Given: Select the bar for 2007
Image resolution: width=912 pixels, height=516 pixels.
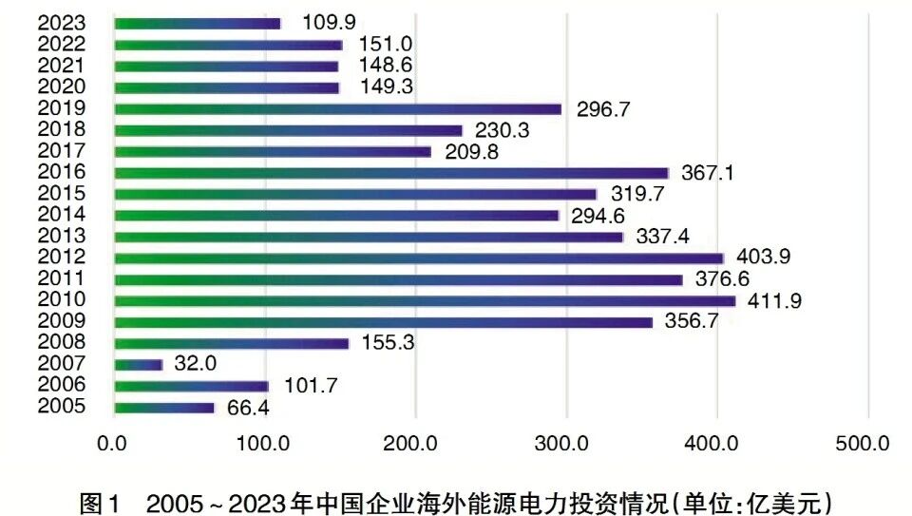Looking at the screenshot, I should coord(138,364).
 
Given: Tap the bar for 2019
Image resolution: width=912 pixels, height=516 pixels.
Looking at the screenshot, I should coord(337,108).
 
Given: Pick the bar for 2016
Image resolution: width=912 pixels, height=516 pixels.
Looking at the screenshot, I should coord(390,173).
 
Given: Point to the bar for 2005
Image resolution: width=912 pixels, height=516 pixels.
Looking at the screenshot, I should coord(163,408).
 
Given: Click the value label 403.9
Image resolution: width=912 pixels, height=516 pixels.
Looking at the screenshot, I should coord(766,257).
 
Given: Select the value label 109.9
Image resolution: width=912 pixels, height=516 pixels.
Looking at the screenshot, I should coord(329,23).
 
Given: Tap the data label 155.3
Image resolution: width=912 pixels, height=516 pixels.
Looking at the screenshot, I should coord(389,343).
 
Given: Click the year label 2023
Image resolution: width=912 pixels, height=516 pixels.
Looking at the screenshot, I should coord(62,23).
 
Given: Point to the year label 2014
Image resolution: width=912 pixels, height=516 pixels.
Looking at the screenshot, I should coord(62,215).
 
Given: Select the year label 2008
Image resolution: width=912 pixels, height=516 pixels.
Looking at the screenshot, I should coord(62,342).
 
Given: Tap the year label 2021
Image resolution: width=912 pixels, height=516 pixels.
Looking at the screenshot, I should coord(62,66).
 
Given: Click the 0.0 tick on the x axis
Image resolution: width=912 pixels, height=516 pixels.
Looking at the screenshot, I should coord(113,443).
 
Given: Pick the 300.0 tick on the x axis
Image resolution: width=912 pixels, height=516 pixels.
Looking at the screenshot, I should coord(566,443).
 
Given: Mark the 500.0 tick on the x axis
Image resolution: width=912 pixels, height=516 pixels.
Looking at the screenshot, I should coord(867,443).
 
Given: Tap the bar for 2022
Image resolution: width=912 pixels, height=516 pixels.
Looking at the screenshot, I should coord(228,45).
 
